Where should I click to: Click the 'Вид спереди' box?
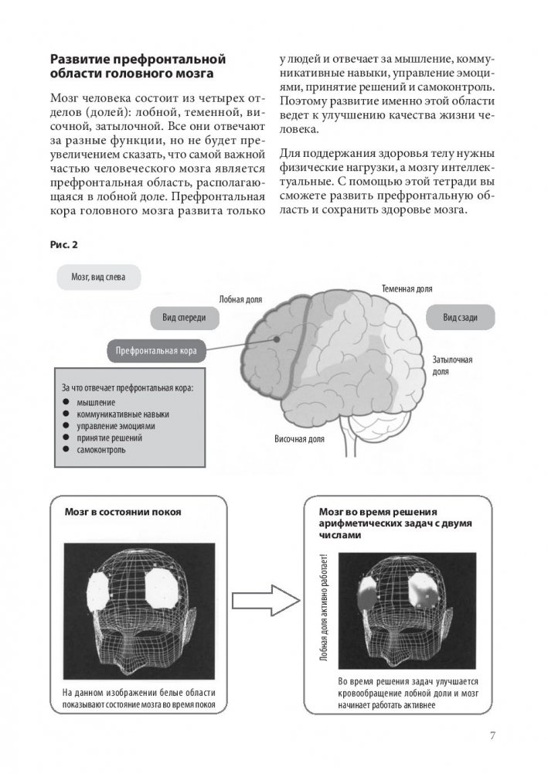183,318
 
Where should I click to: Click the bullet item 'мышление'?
97,402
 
